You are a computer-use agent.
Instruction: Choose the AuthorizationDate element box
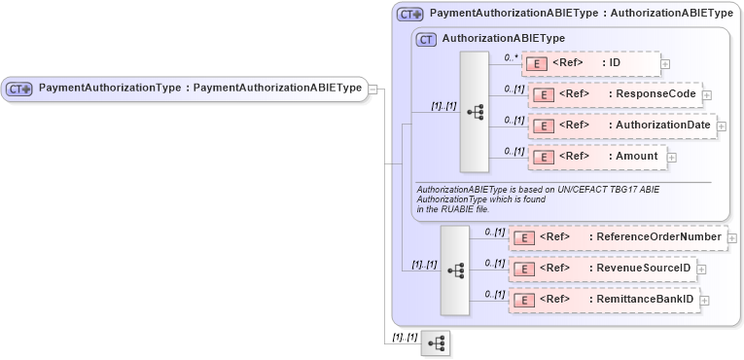[622, 125]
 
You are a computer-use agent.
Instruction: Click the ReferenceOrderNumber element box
[618, 236]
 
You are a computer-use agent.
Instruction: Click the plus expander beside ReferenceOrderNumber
[732, 236]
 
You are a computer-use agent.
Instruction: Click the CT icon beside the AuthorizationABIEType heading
[426, 40]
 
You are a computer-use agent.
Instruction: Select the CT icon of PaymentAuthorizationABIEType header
[410, 15]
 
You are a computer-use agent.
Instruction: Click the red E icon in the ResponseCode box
[546, 95]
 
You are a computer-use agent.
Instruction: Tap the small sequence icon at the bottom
[436, 343]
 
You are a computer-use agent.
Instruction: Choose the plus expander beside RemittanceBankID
[705, 299]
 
